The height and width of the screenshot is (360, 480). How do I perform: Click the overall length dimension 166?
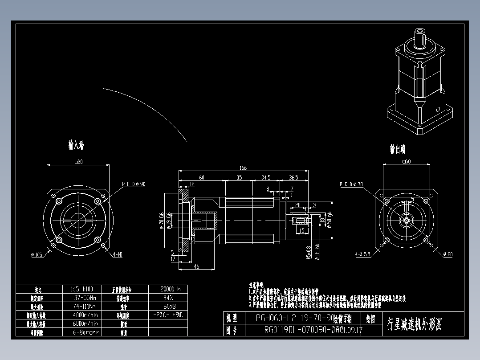coord(243,168)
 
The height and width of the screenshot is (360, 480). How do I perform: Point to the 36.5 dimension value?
coord(293,177)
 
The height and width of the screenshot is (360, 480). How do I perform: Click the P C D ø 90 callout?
coord(134,184)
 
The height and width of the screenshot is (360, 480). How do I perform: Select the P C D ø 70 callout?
coord(351,184)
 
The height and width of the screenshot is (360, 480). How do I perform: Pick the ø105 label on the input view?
coord(36,255)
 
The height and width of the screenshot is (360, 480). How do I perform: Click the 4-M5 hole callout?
coord(118,255)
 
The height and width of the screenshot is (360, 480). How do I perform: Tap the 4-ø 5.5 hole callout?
coord(363,255)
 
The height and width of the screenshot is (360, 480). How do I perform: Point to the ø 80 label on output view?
coord(447,254)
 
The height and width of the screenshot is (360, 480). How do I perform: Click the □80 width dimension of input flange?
coord(78,162)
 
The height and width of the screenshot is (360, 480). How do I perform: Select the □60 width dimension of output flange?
coord(406,162)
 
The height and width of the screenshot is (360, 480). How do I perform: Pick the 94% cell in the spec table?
coord(168,298)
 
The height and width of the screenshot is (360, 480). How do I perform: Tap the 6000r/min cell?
coord(85,323)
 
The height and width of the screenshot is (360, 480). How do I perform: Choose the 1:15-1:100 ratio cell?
coord(85,289)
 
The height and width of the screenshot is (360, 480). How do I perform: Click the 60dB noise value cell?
coord(168,307)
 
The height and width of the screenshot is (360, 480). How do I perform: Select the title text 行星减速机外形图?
coord(415,324)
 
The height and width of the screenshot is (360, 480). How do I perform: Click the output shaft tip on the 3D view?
coord(420,32)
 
